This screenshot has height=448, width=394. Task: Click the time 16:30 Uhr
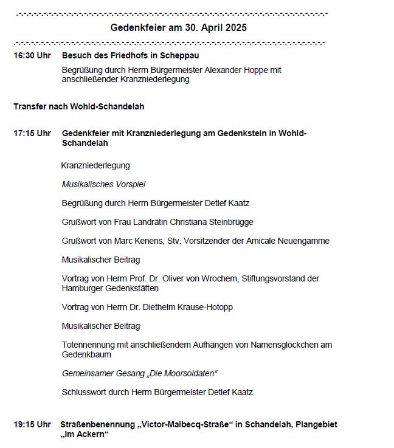point(32,55)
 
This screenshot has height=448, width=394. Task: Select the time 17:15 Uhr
point(32,133)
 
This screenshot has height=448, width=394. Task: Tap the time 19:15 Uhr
point(32,424)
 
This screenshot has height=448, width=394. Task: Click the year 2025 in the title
point(234,28)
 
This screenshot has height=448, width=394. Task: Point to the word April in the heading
point(207,28)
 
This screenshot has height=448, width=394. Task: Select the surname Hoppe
point(261,70)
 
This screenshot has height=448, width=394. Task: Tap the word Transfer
point(30,106)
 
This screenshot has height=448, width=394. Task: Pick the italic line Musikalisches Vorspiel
point(103,184)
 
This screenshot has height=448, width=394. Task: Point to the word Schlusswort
point(84,392)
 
